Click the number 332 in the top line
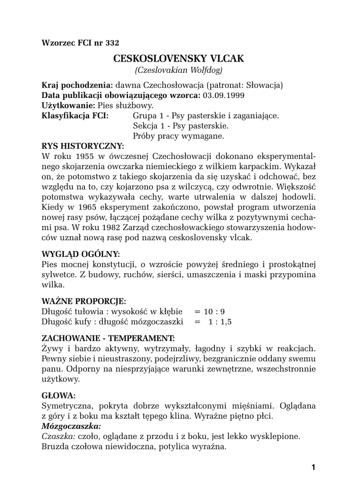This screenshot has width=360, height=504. (112, 42)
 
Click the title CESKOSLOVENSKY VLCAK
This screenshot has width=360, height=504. (179, 59)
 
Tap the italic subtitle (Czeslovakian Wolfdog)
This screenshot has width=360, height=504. (179, 70)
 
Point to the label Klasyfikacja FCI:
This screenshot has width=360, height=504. (75, 116)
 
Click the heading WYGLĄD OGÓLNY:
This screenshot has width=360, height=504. (81, 254)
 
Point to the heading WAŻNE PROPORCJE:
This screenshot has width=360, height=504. (84, 300)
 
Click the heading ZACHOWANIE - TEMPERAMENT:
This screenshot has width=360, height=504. (108, 338)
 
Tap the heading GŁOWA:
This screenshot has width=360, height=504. (59, 395)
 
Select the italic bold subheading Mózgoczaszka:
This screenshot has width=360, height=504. (71, 426)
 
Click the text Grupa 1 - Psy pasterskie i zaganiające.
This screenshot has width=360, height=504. (206, 116)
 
